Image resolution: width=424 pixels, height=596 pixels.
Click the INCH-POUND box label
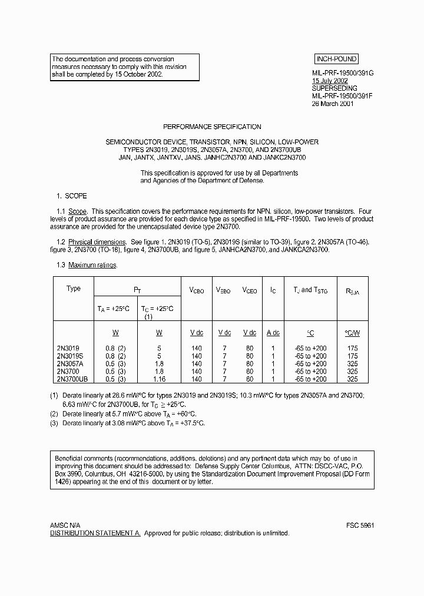336,59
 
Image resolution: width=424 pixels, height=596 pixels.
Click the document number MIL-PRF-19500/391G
343,72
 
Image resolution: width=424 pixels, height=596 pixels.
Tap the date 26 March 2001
333,103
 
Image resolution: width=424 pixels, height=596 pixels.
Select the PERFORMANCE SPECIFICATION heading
212,127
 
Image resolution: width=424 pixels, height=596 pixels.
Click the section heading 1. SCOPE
71,196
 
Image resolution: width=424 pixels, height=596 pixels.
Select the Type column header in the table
74,289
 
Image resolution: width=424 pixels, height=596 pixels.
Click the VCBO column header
196,291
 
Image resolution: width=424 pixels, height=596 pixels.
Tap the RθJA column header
352,291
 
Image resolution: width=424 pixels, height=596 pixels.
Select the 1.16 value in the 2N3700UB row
159,379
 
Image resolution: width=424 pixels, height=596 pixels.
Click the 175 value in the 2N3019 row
352,349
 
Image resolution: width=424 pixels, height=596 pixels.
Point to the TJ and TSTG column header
310,290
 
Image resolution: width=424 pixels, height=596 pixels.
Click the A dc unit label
273,333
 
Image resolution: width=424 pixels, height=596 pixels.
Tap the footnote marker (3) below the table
54,423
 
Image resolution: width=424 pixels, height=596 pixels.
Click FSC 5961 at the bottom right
360,525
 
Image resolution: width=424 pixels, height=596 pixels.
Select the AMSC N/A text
66,525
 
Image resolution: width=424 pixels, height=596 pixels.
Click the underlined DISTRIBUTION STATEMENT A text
94,533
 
